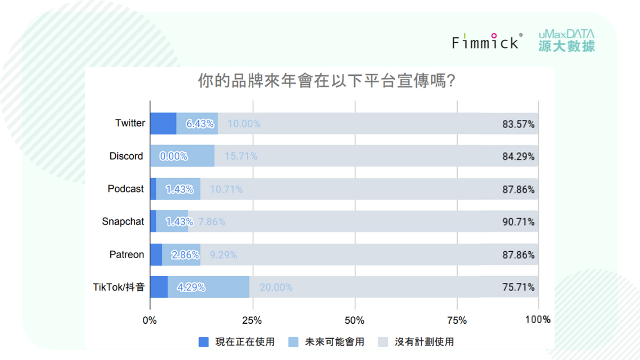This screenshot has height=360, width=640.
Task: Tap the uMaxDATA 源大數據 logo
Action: click(566, 41)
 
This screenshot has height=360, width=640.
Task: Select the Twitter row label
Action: click(130, 123)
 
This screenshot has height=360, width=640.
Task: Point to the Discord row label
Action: click(126, 156)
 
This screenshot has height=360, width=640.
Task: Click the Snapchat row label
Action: click(123, 222)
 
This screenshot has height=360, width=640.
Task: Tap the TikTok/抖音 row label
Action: click(118, 287)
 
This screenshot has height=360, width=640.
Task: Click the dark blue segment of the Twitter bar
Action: click(163, 123)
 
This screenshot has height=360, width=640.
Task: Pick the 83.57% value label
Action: click(518, 125)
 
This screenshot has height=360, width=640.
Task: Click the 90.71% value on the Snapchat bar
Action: click(518, 222)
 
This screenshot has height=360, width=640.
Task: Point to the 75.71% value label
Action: click(518, 287)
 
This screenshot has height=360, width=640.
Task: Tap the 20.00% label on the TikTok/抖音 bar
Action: click(276, 287)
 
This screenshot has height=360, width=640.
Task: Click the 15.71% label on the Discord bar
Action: click(241, 156)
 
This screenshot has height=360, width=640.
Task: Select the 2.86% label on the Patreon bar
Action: click(185, 255)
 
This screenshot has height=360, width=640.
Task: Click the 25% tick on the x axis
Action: click(252, 321)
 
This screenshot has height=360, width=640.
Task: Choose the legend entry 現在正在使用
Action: click(237, 342)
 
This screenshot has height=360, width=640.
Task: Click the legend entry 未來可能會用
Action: click(327, 342)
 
